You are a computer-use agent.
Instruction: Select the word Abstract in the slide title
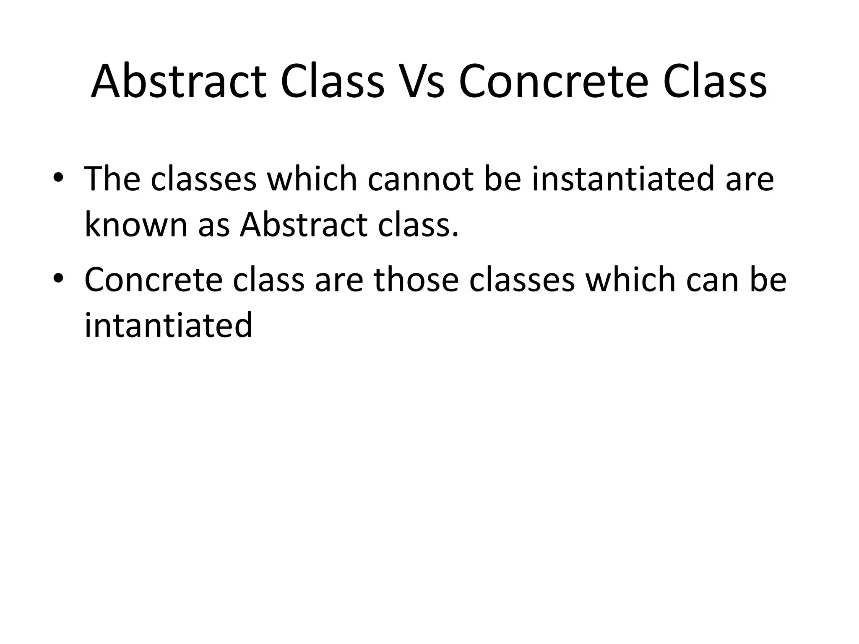tap(178, 82)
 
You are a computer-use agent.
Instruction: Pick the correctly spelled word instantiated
tap(623, 179)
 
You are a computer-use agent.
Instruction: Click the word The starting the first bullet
tap(112, 179)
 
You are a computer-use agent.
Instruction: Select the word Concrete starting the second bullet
tap(154, 280)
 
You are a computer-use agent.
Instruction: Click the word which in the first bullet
tap(312, 179)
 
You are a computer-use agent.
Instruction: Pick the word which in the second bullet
tap(630, 280)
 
